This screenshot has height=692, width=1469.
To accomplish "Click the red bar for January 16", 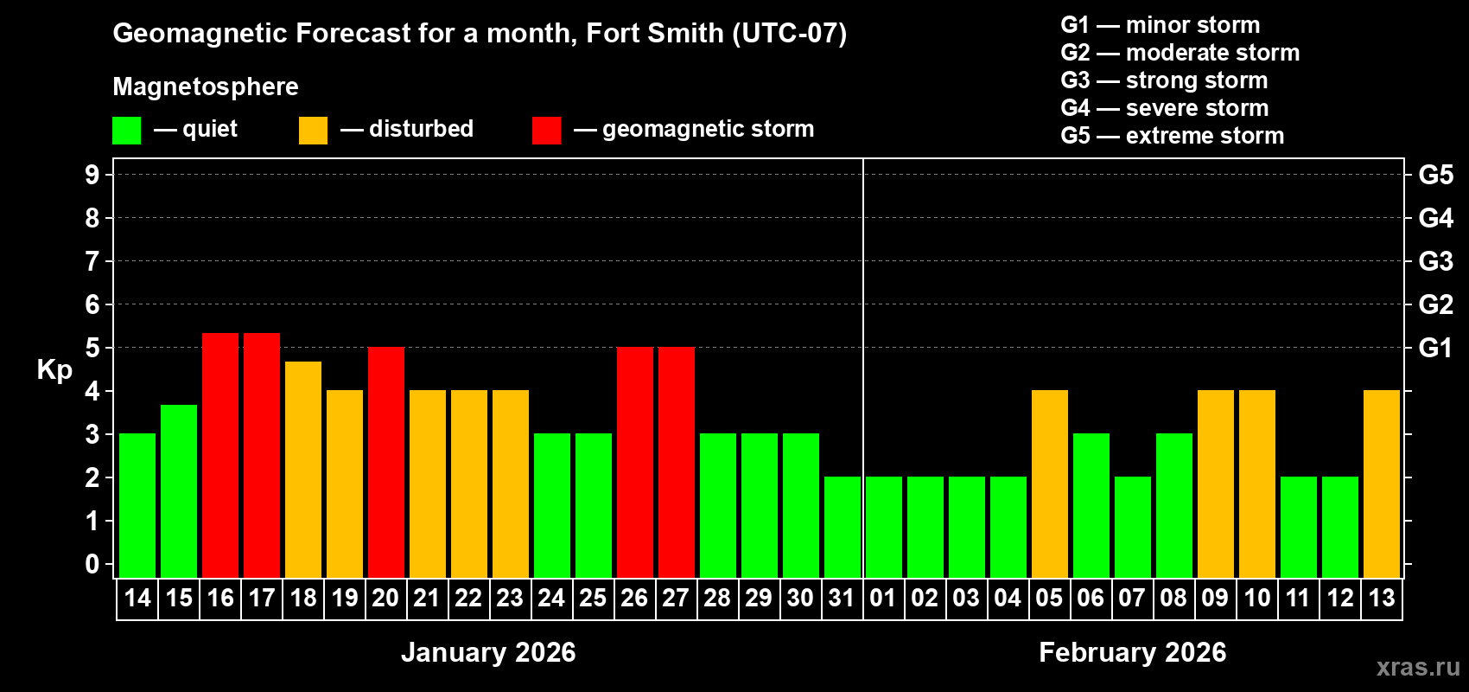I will pos(220,455).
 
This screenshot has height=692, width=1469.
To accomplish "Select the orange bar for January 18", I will pos(303,470).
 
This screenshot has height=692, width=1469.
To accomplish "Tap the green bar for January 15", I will pos(179,491).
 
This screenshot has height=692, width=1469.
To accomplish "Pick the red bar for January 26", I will pos(635,462).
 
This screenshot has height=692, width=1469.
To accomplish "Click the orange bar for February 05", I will pos(1050,484).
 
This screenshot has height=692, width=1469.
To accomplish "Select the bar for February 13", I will pos(1382,484).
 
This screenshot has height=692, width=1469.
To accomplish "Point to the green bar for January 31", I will pos(843,527).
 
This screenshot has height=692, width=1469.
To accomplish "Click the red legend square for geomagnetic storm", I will pos(546,131).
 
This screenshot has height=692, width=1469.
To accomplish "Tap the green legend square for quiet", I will pos(127,131).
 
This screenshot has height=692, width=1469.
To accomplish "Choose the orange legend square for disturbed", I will pos(313,131).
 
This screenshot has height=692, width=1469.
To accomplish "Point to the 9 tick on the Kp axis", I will pos(92,175).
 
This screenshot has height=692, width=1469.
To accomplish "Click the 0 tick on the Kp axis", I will pos(92,565).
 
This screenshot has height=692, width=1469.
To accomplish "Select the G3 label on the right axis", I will pos(1435,261).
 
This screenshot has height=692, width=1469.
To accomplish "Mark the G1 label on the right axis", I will pos(1435,348).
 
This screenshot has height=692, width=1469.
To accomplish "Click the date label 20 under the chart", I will pos(385,598).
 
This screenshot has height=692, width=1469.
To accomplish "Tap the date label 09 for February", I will pos(1215,598).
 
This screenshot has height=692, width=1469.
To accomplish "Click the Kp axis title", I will pos(54,370).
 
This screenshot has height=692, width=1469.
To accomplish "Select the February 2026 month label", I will pos(1132,652).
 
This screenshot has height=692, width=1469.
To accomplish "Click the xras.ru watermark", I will pos(1418,667).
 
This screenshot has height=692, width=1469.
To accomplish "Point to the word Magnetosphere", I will pos(206,86).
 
